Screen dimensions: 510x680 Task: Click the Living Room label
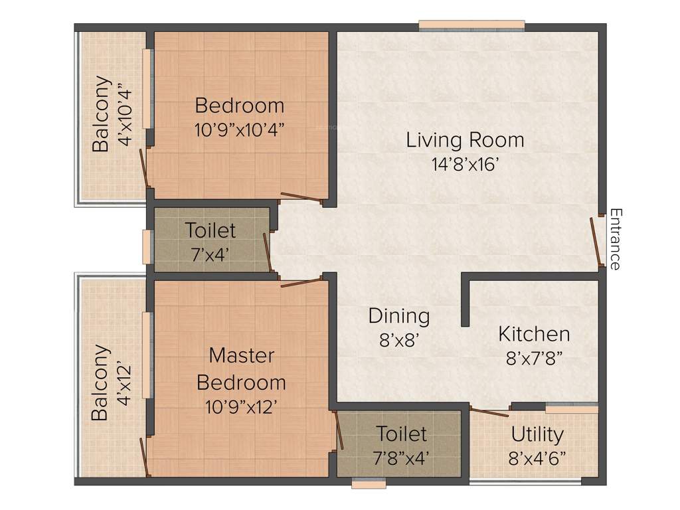click(x=465, y=140)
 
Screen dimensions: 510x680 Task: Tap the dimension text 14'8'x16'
click(x=465, y=165)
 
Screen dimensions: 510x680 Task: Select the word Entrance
click(x=616, y=239)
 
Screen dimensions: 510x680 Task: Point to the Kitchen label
click(x=534, y=333)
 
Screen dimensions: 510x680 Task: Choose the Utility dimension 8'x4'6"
click(x=537, y=458)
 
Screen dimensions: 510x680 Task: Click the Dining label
click(x=399, y=316)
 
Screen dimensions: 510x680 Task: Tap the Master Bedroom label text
click(x=241, y=369)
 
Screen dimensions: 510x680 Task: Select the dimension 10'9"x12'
click(x=240, y=406)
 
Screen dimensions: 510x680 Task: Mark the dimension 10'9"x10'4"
click(x=240, y=129)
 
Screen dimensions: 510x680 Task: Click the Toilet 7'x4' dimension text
click(x=210, y=254)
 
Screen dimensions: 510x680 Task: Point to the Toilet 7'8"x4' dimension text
click(x=402, y=458)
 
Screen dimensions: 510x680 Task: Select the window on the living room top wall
click(x=471, y=26)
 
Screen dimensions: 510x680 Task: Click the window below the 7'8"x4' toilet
click(x=369, y=484)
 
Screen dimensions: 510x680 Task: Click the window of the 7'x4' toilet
click(x=147, y=246)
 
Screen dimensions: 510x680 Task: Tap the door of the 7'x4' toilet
click(x=267, y=251)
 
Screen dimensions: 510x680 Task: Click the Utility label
click(x=537, y=435)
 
